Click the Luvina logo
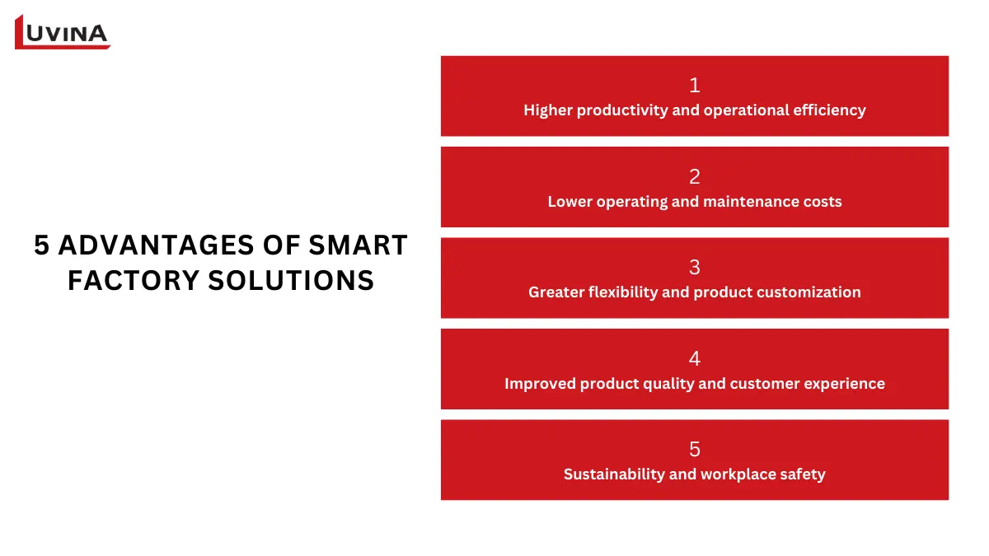[63, 32]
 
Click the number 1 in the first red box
[695, 85]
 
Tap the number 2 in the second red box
[695, 176]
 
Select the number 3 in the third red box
[695, 267]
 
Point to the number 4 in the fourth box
[695, 358]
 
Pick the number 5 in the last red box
[695, 449]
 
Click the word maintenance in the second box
[753, 202]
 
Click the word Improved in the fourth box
[540, 384]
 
